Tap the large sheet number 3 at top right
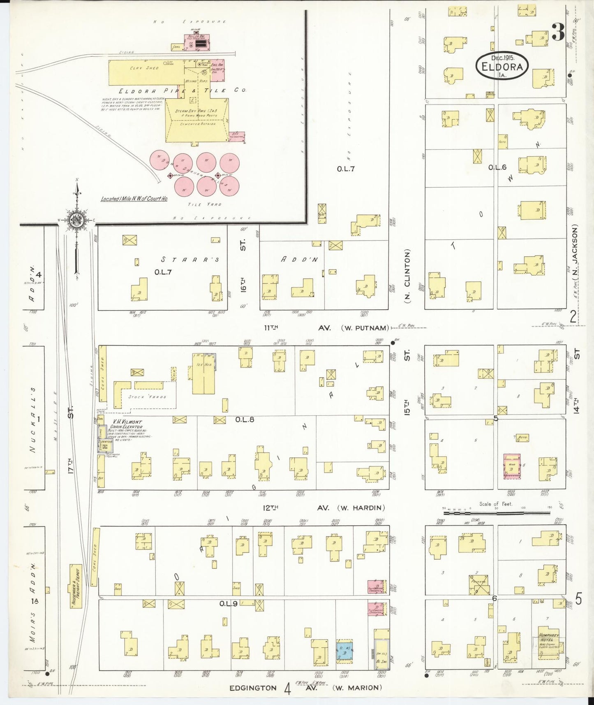(558, 32)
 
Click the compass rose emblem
(76, 220)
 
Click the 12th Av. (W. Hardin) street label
(324, 508)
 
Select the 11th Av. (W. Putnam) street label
(326, 328)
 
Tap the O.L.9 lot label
(228, 603)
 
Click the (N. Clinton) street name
(407, 277)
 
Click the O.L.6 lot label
(497, 167)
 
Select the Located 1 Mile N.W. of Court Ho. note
(134, 199)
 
